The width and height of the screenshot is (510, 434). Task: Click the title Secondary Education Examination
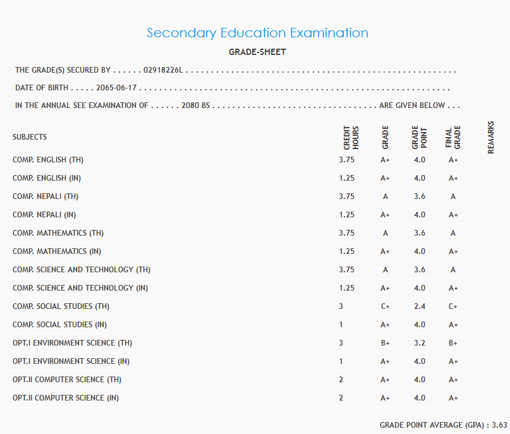[x=257, y=33]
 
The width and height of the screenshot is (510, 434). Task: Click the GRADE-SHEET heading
[x=257, y=52]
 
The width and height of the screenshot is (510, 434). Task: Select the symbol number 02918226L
[x=163, y=70]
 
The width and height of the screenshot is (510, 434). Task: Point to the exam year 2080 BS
[x=195, y=105]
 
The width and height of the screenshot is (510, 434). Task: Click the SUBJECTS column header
[x=30, y=137]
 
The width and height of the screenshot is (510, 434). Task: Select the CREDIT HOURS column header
[x=351, y=137]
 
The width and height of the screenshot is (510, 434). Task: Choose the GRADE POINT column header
[x=419, y=137]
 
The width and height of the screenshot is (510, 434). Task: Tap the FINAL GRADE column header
[x=453, y=137]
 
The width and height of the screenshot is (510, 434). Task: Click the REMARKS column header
[x=490, y=137]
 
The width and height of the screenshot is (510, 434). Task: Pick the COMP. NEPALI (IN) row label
[x=45, y=215]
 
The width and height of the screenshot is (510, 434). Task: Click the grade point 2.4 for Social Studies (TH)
[x=419, y=306]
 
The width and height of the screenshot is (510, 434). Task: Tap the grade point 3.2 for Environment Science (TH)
[x=419, y=343]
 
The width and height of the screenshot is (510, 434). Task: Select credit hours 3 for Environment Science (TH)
[x=341, y=343]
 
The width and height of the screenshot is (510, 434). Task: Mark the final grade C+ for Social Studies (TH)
[x=453, y=306]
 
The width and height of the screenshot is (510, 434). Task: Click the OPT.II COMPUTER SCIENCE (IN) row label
[x=66, y=398]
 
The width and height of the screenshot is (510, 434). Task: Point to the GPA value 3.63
[x=500, y=425]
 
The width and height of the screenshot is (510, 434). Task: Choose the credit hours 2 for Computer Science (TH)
[x=341, y=380]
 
